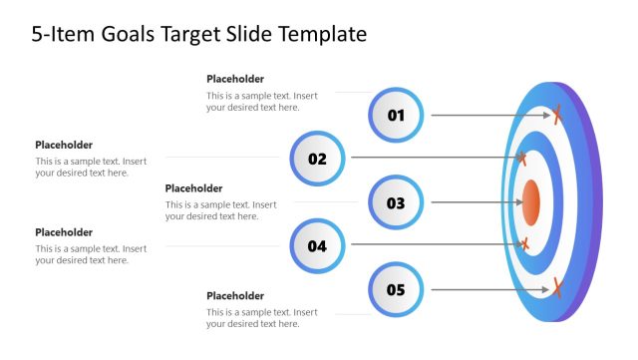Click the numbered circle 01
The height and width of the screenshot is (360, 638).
click(396, 115)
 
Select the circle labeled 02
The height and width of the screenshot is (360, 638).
click(317, 158)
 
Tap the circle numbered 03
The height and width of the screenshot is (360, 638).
click(396, 202)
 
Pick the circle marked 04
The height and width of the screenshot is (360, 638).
click(317, 245)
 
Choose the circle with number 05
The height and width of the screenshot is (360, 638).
click(396, 290)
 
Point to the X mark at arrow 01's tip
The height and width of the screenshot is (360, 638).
click(557, 115)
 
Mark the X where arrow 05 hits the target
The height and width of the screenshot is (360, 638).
click(557, 289)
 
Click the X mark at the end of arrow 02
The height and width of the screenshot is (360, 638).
click(521, 158)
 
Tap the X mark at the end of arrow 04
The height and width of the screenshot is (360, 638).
click(522, 244)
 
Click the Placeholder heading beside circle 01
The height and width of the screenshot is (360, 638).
click(235, 79)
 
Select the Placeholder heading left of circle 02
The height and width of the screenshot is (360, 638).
click(64, 145)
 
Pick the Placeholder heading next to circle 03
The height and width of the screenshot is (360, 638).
click(193, 188)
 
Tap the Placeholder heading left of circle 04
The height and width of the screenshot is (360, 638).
click(64, 232)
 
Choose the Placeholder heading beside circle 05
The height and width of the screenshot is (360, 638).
click(235, 296)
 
